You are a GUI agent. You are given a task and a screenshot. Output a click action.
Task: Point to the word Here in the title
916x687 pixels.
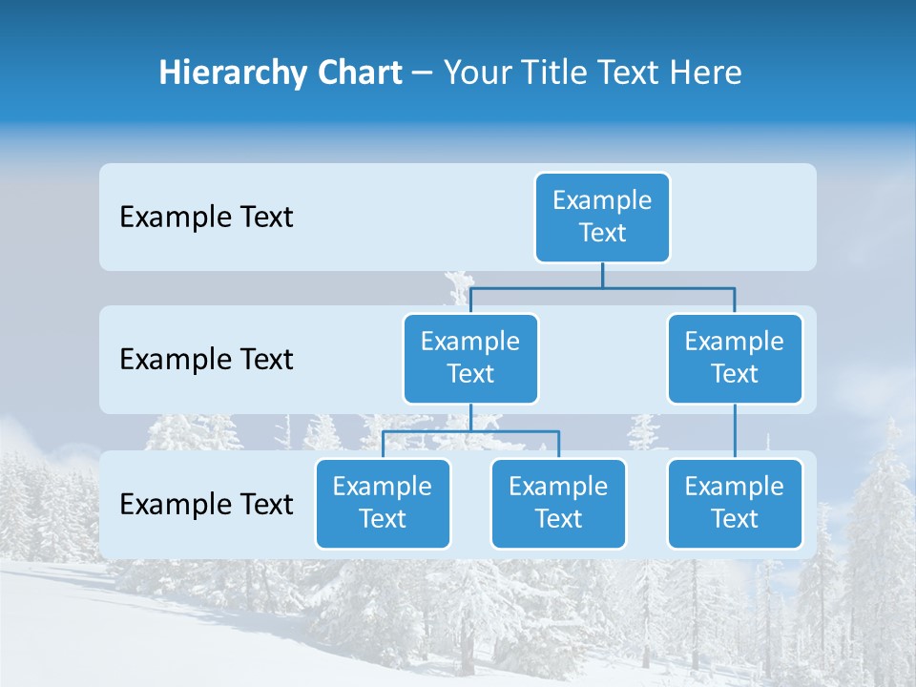point(706,73)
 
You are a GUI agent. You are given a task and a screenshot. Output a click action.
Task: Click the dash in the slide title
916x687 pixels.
point(423,73)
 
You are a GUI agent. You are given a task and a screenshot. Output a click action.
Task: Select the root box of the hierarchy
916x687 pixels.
point(602,217)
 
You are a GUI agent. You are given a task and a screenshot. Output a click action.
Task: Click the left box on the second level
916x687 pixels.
point(470,358)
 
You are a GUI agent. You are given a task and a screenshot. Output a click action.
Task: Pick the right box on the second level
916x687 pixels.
point(735,358)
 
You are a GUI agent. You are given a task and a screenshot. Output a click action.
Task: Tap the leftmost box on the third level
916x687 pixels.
point(383,503)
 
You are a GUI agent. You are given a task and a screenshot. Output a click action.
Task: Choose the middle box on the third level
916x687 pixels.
point(558,503)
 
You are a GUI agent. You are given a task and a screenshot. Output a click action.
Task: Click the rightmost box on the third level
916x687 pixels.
point(735,503)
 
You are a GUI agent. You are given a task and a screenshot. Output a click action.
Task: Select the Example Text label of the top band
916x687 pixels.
point(206,218)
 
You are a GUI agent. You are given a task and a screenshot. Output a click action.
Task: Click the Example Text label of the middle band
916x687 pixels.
point(206,360)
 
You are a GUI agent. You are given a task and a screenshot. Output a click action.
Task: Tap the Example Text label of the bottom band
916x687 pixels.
point(206,504)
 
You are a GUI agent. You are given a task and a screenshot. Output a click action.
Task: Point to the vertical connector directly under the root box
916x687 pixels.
point(602,275)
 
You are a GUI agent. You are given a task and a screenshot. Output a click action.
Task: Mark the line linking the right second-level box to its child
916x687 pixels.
point(735,431)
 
